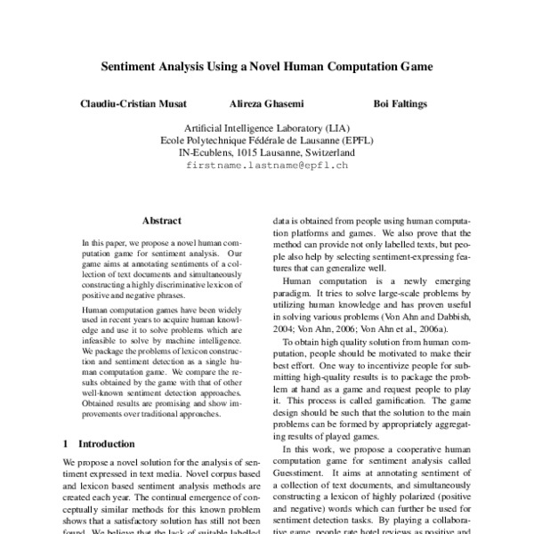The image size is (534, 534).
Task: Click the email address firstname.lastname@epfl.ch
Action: coord(266,166)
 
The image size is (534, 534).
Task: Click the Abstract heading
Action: coord(161,221)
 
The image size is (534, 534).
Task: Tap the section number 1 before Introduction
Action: coord(67,442)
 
